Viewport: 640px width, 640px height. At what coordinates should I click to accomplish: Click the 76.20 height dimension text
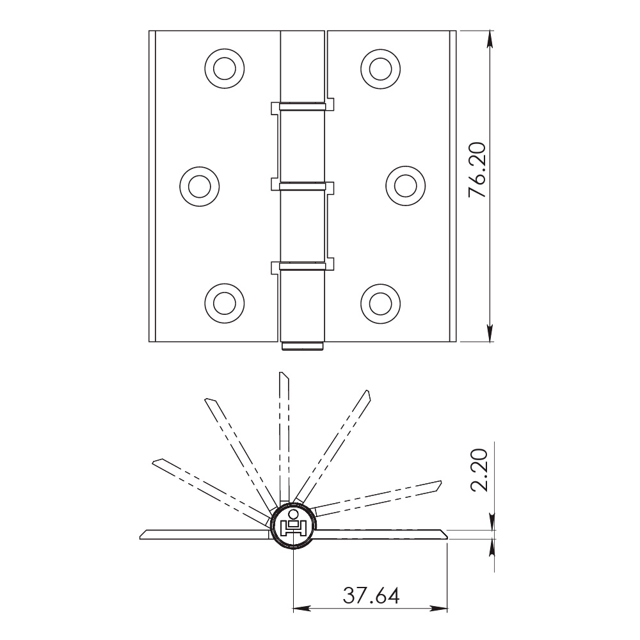[x=477, y=170]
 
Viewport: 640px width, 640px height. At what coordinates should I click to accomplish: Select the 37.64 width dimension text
[x=371, y=595]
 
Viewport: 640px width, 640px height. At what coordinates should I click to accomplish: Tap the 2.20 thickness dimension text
[x=479, y=470]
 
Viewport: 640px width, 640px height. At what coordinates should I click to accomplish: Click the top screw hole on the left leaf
[x=225, y=68]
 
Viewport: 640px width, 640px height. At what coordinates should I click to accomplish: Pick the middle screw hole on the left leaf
[x=200, y=186]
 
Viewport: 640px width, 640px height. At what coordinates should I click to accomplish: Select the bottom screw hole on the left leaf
[x=225, y=303]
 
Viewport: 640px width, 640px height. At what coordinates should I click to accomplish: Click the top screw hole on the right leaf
[x=380, y=68]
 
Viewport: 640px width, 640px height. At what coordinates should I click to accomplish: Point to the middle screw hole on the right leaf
[x=405, y=186]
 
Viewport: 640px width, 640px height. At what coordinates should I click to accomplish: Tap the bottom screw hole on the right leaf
[x=380, y=303]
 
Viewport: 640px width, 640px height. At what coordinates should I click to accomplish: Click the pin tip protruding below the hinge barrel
[x=303, y=346]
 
